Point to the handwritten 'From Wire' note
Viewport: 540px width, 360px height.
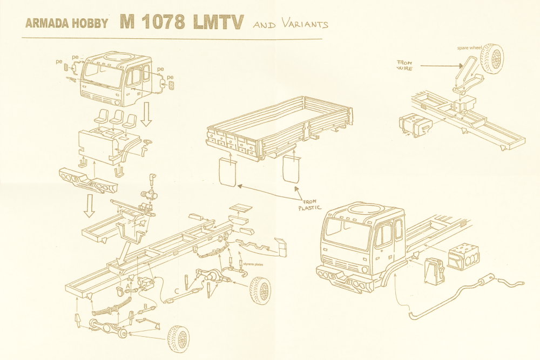pyautogui.click(x=405, y=66)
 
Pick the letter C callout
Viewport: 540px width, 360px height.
pyautogui.click(x=177, y=293)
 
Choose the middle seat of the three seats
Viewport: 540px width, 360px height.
pyautogui.click(x=116, y=117)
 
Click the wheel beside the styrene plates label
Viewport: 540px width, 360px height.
pyautogui.click(x=261, y=290)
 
